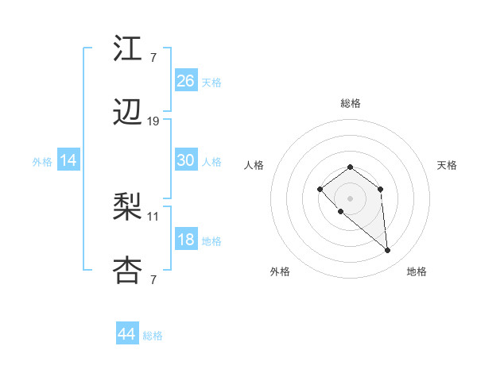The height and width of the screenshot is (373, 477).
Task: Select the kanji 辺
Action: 128,114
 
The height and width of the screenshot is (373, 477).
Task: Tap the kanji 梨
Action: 128,209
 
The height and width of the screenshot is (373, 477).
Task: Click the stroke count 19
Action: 153,121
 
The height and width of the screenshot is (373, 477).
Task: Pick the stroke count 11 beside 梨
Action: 153,216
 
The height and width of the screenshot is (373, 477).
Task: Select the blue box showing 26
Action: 186,81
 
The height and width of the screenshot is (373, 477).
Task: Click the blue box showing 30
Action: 186,160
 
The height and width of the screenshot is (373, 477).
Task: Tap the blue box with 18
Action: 186,240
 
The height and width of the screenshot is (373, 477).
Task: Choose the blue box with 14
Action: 68,160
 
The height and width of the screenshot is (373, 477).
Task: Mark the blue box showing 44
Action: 127,334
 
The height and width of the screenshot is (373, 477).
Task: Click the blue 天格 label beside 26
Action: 211,82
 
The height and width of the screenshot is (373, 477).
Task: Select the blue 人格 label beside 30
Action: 211,161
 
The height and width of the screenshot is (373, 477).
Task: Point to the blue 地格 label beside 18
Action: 211,240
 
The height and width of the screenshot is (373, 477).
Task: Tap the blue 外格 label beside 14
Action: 42,161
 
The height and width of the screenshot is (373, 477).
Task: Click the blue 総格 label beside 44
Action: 153,335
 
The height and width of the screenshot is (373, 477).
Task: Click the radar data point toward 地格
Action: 388,251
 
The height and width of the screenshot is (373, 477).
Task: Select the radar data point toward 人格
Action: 320,189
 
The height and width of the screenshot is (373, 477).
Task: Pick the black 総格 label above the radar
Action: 350,103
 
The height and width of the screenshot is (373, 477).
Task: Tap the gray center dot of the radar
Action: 350,198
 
